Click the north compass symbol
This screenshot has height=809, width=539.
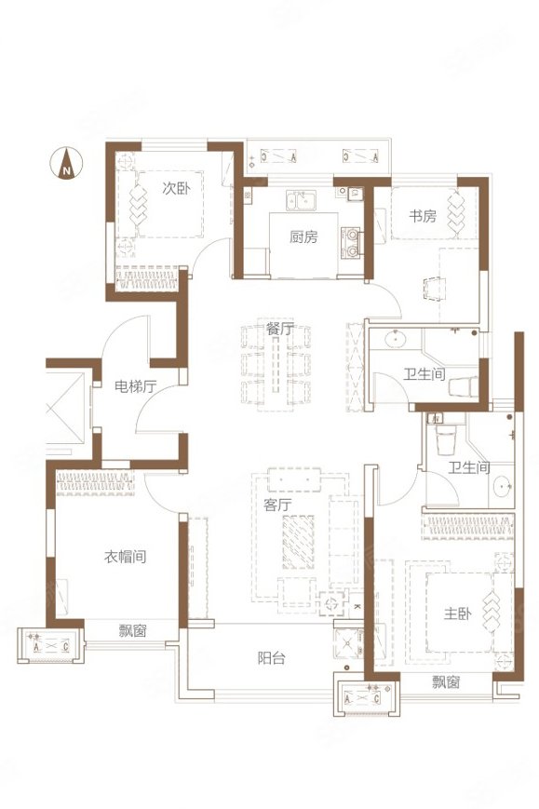coord(66,163)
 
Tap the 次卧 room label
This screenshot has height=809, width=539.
coord(176,188)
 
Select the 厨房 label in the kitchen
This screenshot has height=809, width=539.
coord(303,236)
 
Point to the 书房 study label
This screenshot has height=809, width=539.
coord(423,215)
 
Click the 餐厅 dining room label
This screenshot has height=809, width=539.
coord(280,328)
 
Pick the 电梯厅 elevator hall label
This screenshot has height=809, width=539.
coord(135,386)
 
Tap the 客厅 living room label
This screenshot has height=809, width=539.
coord(277,504)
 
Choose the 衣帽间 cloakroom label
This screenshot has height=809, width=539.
coord(126,557)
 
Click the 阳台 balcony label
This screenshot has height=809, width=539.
coord(271,658)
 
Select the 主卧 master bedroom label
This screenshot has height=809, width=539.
coord(457,613)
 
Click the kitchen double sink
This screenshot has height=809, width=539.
coord(302,200)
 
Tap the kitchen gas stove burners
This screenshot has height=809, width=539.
coord(352,242)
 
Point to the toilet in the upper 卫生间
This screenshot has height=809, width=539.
coord(464,387)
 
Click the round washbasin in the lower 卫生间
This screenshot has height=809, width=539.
coord(502,486)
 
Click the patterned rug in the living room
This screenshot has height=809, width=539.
coord(298,542)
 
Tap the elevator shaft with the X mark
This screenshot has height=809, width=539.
coord(65,409)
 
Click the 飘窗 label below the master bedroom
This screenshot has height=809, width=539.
coord(446,682)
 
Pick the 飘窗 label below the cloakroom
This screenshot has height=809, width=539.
coord(132,630)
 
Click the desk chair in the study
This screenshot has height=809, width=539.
coord(433,289)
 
